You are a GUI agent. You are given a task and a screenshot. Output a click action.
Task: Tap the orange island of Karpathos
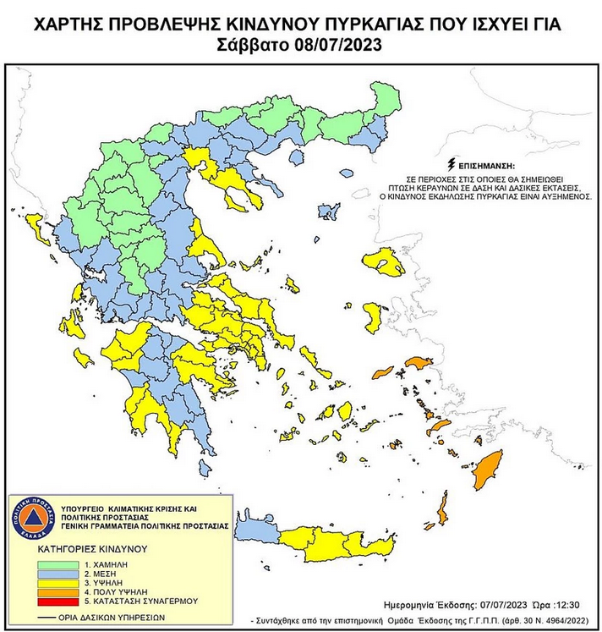click(x=441, y=511)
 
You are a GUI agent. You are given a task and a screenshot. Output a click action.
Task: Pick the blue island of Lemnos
click(x=327, y=210)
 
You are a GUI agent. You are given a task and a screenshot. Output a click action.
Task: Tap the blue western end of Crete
click(x=254, y=530)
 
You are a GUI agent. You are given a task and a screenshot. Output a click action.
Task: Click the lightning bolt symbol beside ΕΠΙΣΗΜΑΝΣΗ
click(x=454, y=163)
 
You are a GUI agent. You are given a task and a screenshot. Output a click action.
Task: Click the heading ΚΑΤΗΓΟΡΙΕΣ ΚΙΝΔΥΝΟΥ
click(x=94, y=548)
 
